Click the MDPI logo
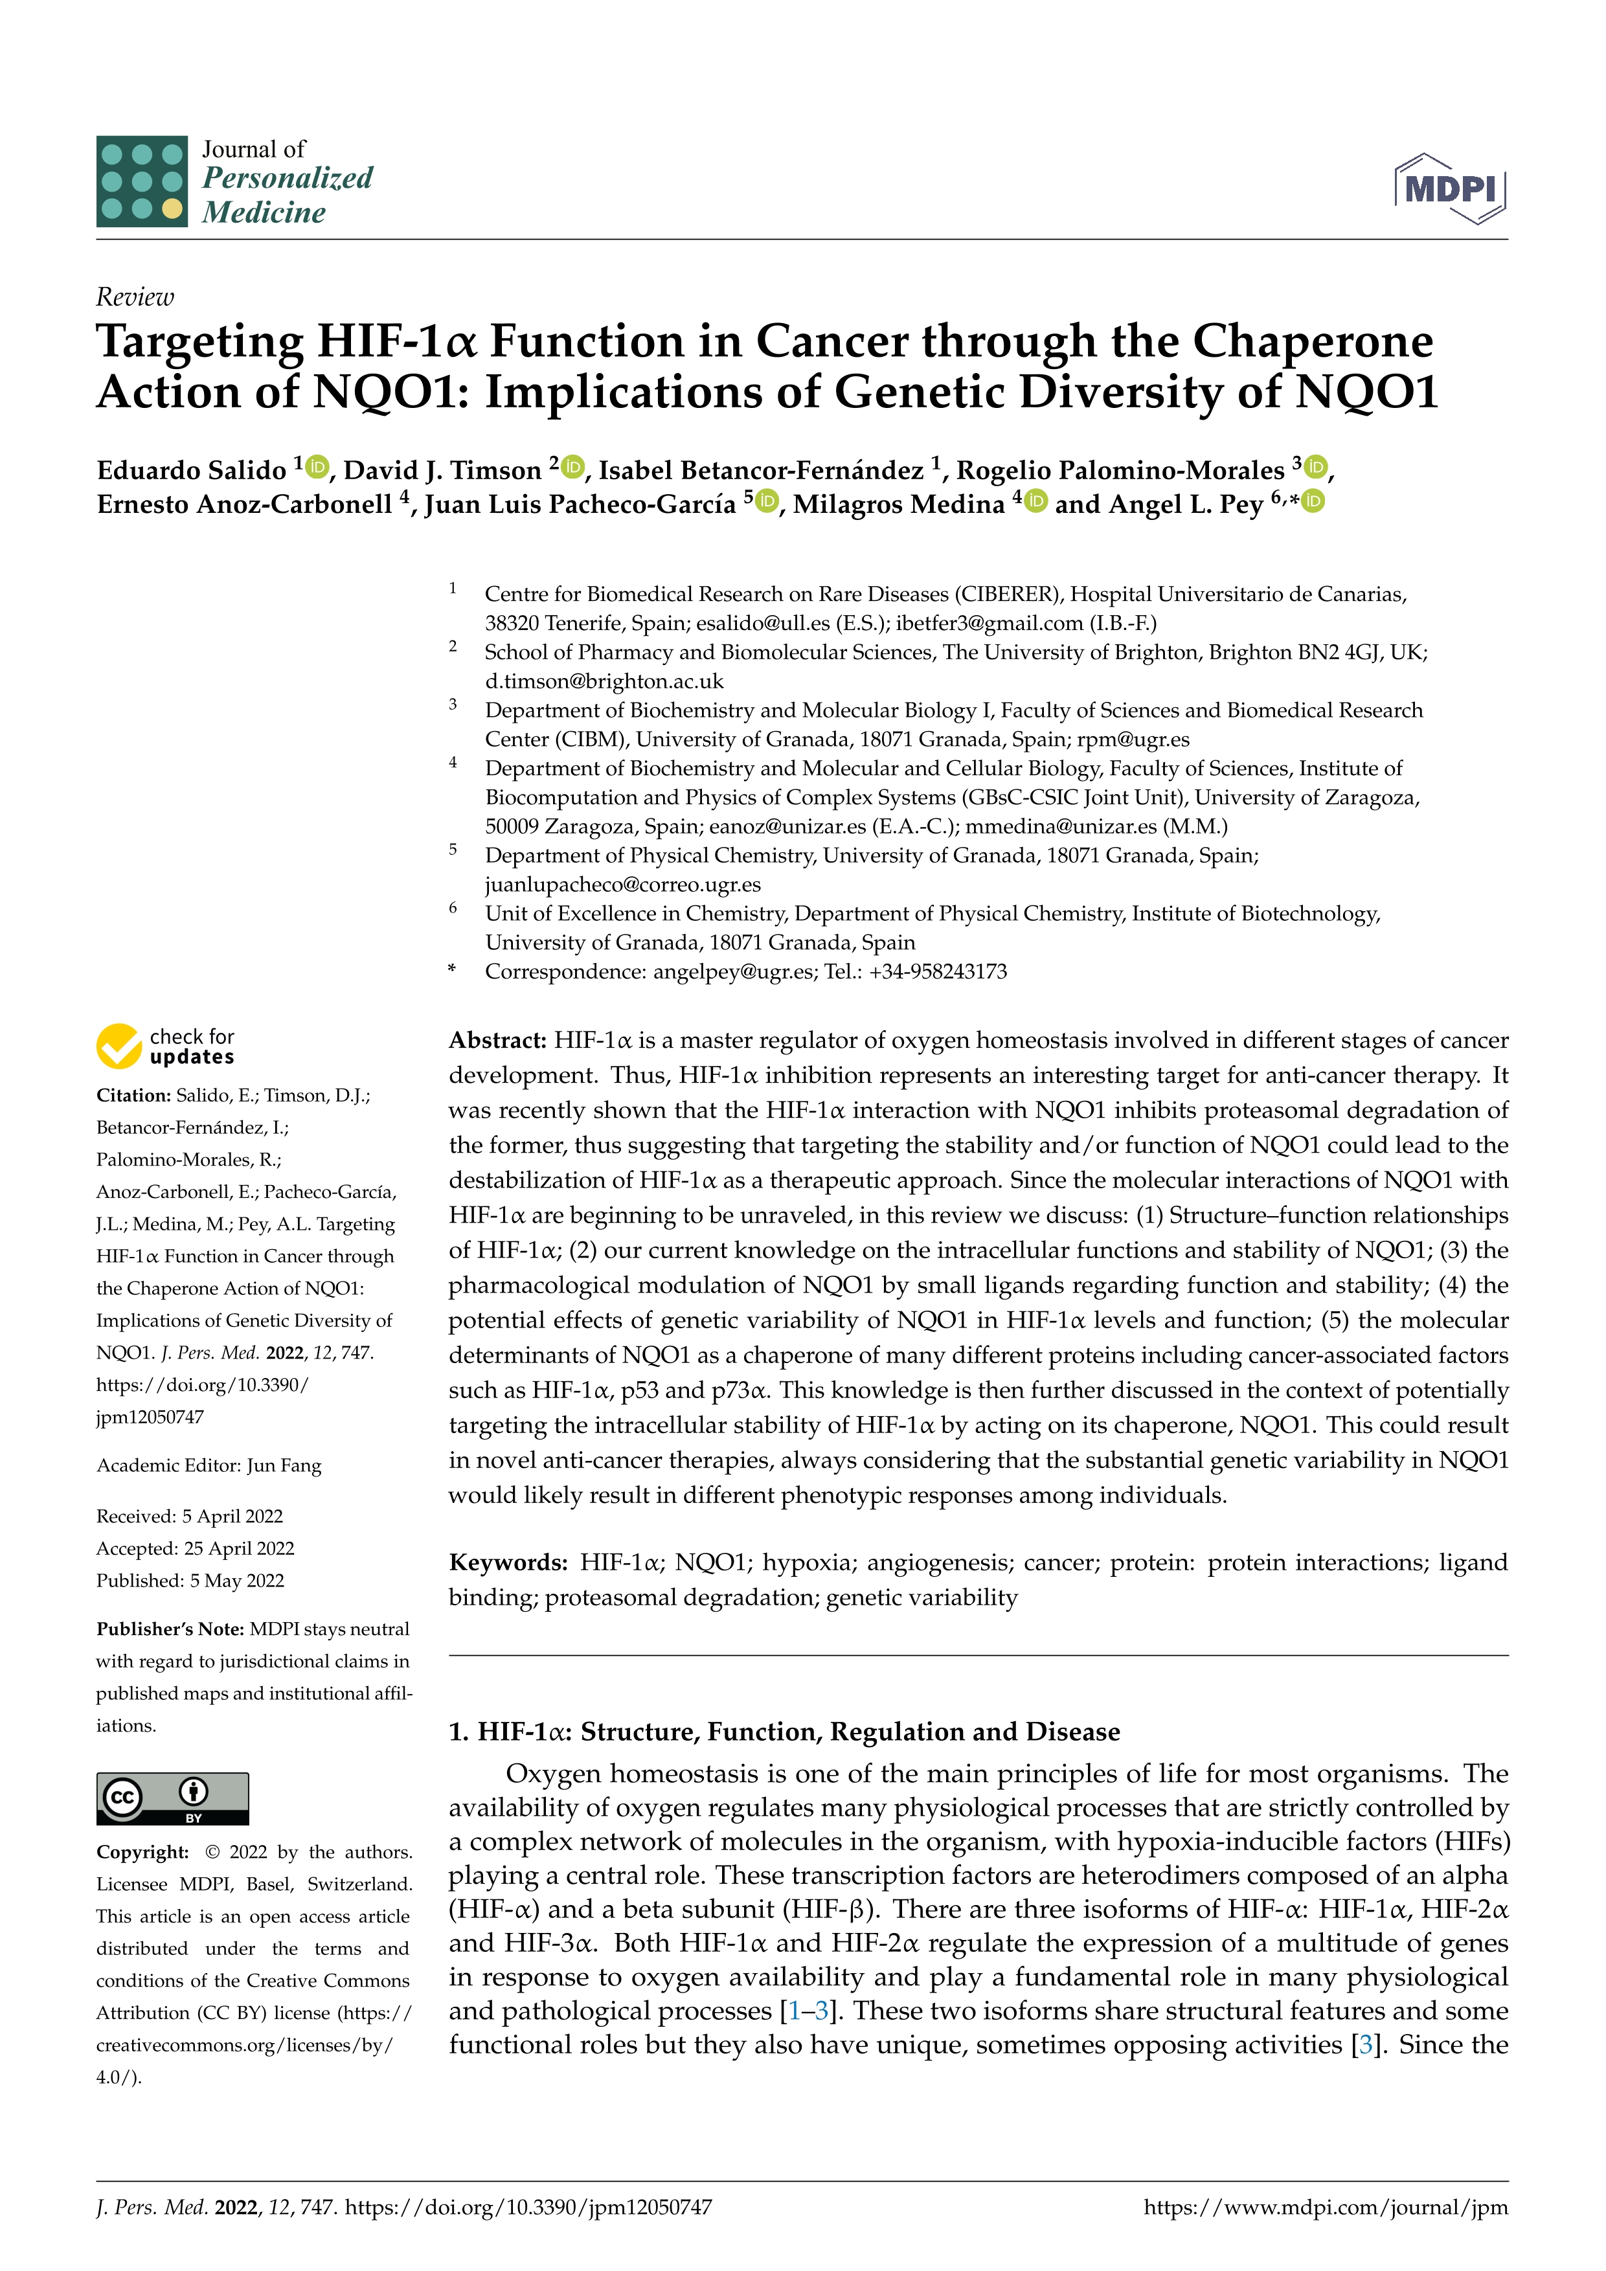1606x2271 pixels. pyautogui.click(x=1450, y=188)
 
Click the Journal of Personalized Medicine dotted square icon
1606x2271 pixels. pyautogui.click(x=141, y=182)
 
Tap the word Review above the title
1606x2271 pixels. pyautogui.click(x=135, y=297)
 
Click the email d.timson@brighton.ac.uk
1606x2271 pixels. pyautogui.click(x=604, y=681)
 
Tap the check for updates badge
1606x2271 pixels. pyautogui.click(x=165, y=1046)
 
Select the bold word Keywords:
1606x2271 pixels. pyautogui.click(x=507, y=1563)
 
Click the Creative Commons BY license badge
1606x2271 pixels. pyautogui.click(x=172, y=1798)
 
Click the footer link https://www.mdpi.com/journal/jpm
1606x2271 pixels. pyautogui.click(x=1325, y=2207)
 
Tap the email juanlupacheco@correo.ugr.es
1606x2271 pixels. pyautogui.click(x=622, y=885)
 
